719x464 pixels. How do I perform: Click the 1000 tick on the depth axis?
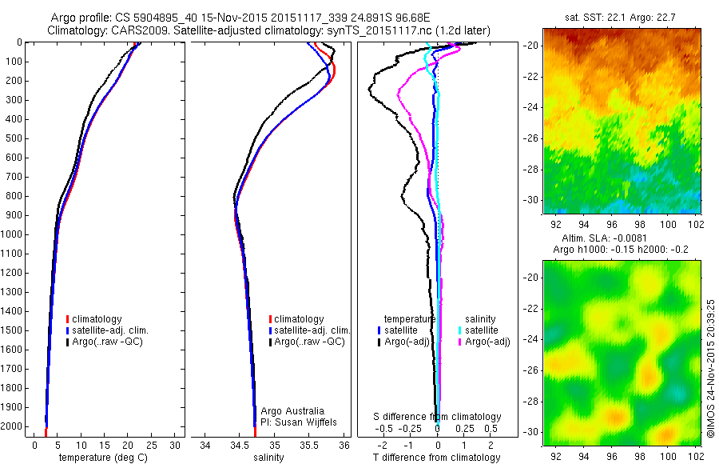click(15, 234)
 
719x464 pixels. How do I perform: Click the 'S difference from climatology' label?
click(438, 417)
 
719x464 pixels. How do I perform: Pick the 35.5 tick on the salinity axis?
click(309, 445)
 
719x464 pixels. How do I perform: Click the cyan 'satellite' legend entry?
click(483, 330)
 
